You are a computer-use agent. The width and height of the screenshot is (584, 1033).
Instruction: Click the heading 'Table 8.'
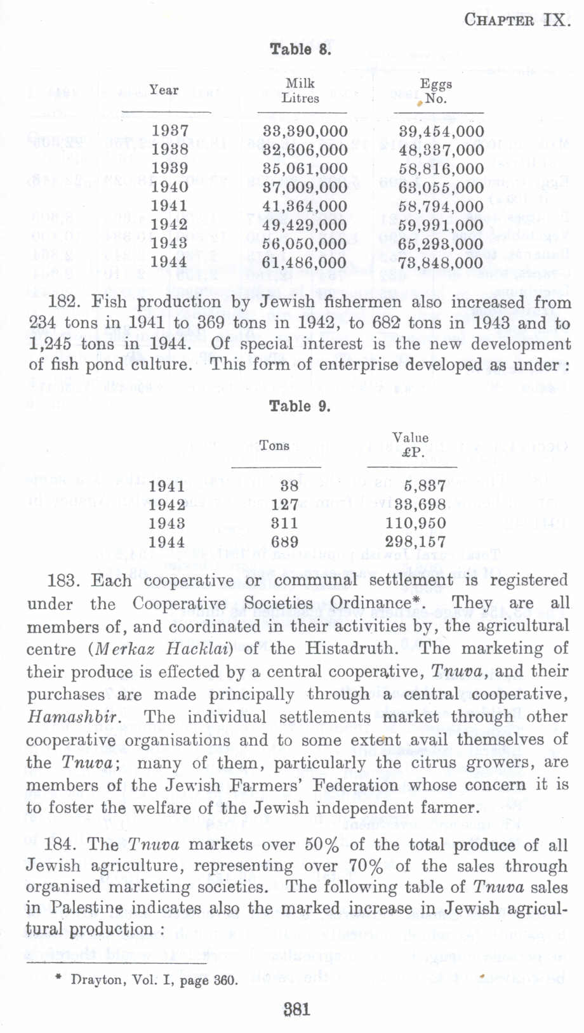[x=300, y=49]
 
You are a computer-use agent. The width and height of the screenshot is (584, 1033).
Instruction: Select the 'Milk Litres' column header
[x=300, y=91]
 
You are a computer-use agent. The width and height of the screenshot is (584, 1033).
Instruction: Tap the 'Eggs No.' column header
[x=436, y=91]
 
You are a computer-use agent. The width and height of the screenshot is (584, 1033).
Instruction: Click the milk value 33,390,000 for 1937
[x=305, y=131]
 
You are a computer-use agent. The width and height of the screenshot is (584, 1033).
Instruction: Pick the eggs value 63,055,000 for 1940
[x=441, y=188]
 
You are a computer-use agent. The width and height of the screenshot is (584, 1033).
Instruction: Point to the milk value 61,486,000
[x=305, y=263]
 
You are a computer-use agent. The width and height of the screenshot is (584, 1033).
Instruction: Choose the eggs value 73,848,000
[x=441, y=263]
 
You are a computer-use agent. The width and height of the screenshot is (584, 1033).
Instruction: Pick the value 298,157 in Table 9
[x=415, y=542]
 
